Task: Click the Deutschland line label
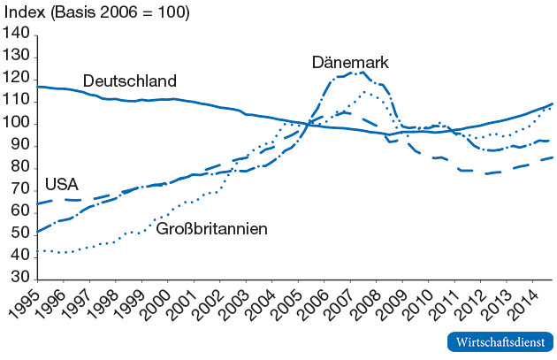click(x=130, y=81)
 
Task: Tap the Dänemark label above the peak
click(x=350, y=63)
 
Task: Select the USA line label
click(x=61, y=185)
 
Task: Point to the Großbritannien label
click(x=211, y=229)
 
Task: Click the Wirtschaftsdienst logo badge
click(x=500, y=341)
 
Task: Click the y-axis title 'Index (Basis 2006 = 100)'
click(x=97, y=13)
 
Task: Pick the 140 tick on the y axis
click(x=17, y=34)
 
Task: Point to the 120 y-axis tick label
click(x=17, y=79)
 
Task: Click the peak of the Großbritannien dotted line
click(x=365, y=91)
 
